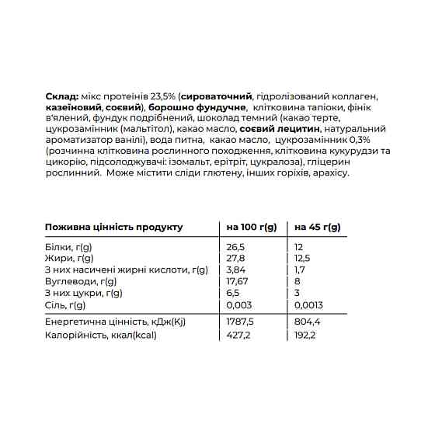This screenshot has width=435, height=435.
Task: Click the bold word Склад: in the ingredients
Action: point(61,94)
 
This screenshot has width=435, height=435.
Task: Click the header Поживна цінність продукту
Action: point(113,227)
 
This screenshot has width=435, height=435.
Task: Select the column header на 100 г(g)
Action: point(251,227)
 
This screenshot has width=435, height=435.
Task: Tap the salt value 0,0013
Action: point(308,304)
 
